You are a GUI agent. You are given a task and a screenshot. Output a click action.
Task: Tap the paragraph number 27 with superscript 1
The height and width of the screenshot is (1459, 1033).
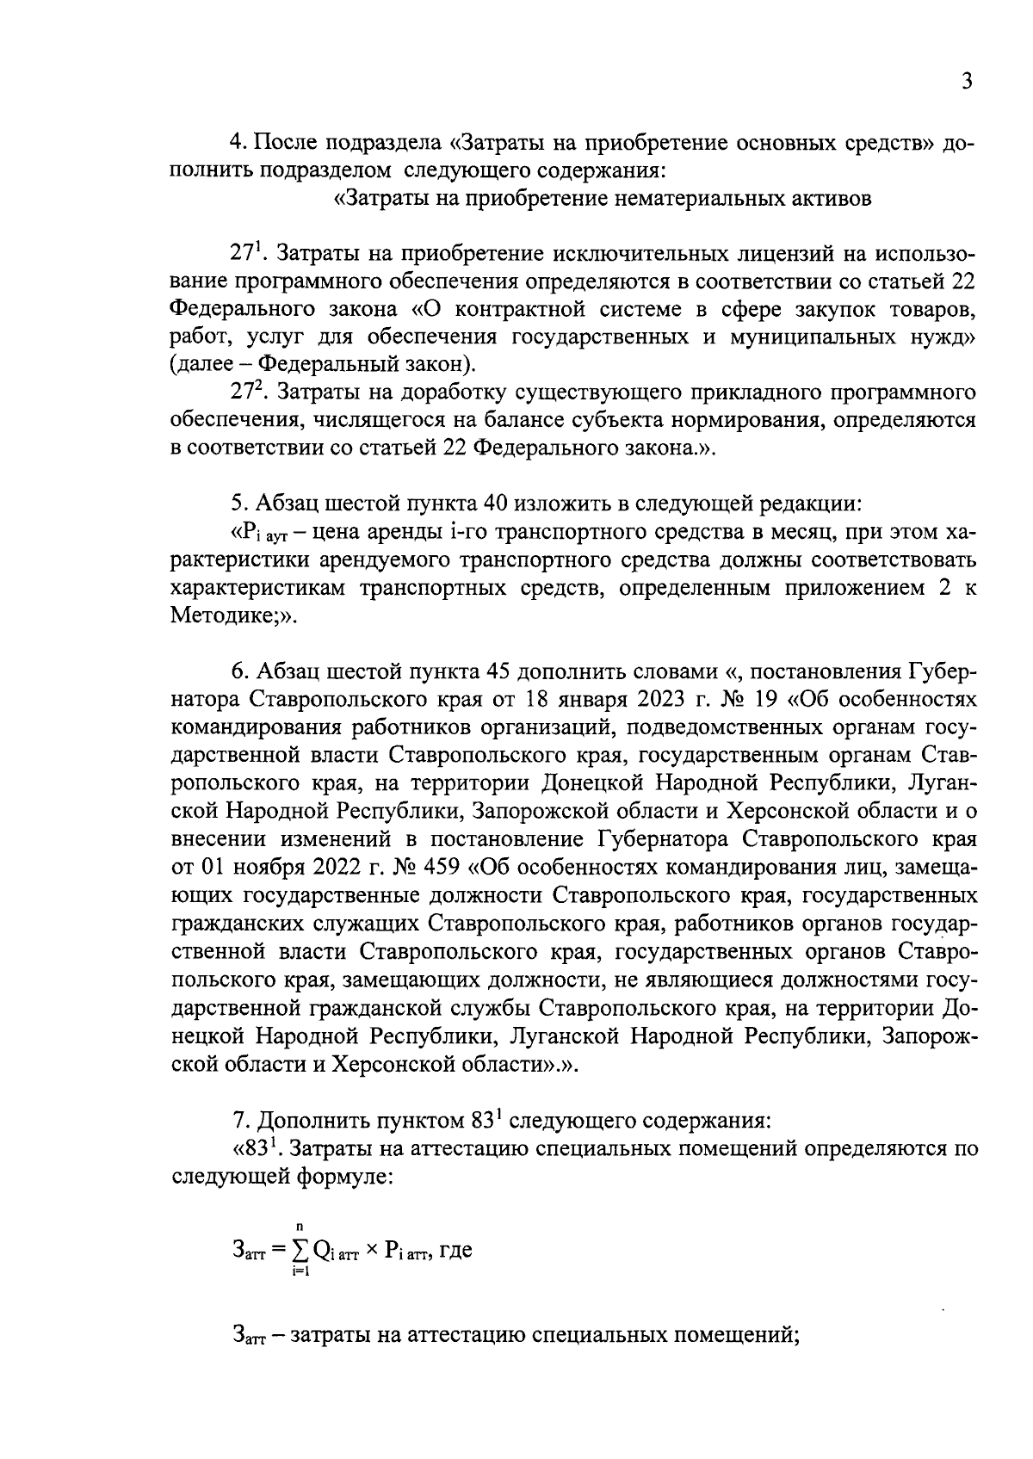tap(244, 255)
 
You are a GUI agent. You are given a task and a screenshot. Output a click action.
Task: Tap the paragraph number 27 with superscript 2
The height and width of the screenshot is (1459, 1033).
tap(244, 393)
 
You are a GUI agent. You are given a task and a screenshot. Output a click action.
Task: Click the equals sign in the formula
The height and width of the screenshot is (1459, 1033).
tap(276, 1251)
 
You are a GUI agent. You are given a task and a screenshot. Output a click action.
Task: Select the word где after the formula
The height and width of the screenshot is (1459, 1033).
tap(455, 1251)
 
